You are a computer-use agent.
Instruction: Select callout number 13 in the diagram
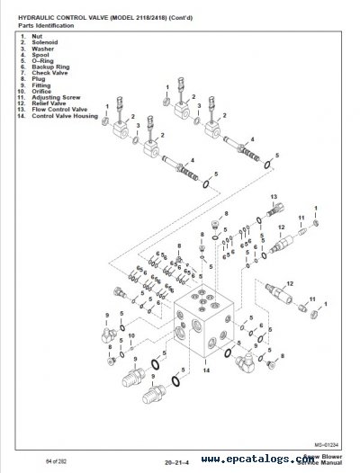274,195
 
